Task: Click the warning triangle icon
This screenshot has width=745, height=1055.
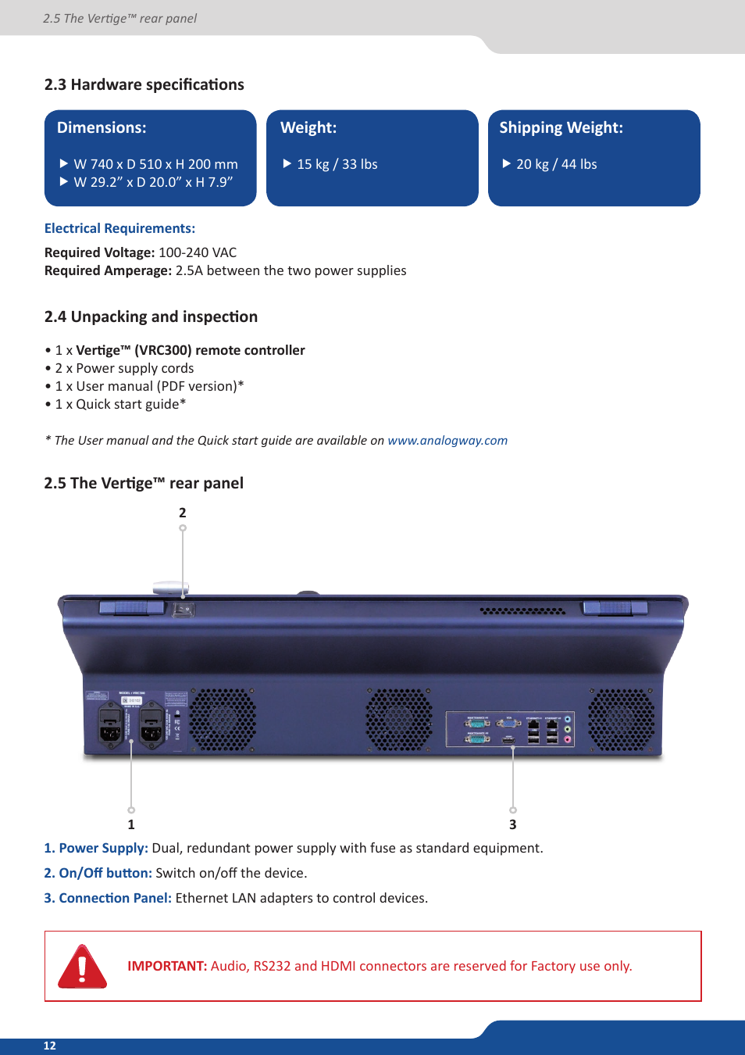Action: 82,967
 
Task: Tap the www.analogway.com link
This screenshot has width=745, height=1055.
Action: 447,441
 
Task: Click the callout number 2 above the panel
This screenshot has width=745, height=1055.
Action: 183,513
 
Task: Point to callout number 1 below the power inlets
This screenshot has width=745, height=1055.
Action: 131,824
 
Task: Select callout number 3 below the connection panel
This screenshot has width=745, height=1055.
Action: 513,824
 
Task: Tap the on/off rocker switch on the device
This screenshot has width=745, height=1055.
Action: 184,610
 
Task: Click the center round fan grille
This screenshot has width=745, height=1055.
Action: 399,720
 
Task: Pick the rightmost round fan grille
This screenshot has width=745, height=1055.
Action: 622,720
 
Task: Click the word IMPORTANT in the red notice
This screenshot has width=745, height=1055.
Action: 167,967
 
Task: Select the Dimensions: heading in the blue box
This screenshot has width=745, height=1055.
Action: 102,128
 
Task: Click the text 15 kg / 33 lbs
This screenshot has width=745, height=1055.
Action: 337,165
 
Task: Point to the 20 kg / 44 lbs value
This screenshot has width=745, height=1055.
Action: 557,165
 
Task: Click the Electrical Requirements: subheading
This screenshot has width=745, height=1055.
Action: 119,229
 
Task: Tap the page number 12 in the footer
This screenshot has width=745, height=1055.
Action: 50,1046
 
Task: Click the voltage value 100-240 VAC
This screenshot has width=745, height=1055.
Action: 198,253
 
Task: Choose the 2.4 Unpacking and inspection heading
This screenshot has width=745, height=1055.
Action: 151,317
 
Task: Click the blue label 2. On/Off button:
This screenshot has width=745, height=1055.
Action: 98,874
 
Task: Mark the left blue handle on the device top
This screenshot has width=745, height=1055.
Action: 131,607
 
